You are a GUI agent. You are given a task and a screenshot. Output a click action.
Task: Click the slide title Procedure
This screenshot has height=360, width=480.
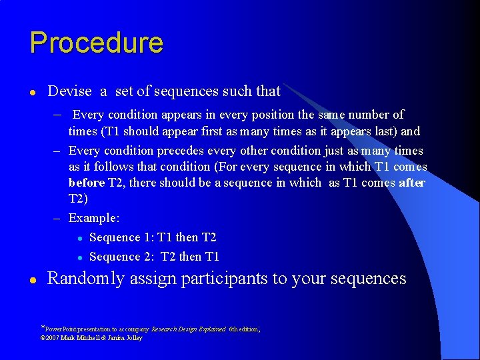pos(96,43)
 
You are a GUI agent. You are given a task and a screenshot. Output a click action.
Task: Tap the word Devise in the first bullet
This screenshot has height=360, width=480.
pos(69,91)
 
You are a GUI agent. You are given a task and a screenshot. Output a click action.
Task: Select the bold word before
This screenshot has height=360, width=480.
pos(87,183)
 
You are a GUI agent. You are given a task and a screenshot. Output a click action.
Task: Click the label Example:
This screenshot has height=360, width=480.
pos(95,218)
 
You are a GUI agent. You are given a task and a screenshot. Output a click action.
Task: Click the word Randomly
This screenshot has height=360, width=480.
pos(85,278)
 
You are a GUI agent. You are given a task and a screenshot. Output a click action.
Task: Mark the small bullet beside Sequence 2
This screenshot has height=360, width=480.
pos(79,257)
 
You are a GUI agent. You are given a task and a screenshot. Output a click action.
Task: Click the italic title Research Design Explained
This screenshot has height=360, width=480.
pos(189,329)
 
